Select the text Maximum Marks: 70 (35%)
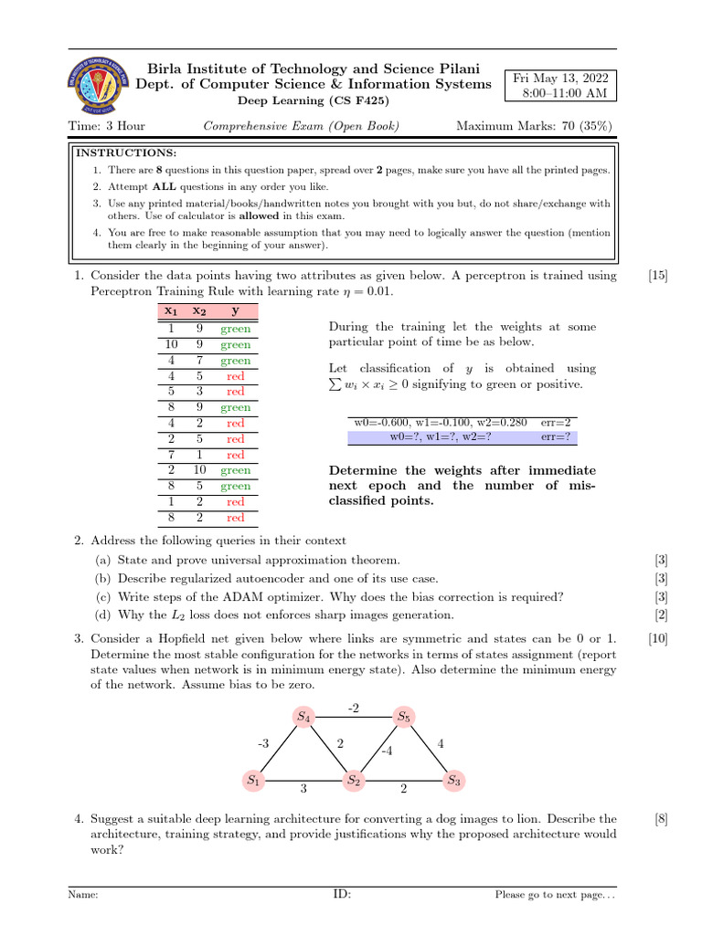coord(534,126)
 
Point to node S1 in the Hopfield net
coord(253,781)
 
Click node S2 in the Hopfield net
coord(354,781)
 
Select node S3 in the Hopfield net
coord(453,781)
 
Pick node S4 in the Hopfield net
coord(303,718)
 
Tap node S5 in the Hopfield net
coord(403,718)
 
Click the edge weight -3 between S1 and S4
coord(263,744)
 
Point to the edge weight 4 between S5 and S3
coord(441,744)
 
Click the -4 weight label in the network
coord(387,751)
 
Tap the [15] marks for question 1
coord(657,276)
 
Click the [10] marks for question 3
coord(657,639)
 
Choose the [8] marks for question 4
coord(661,819)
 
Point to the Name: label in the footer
coord(83,895)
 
